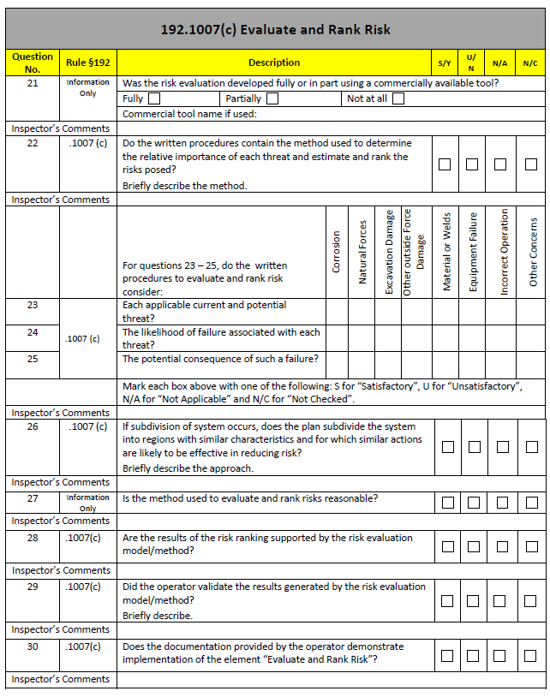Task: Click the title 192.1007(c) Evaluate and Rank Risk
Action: pyautogui.click(x=275, y=29)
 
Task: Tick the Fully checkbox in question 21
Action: pyautogui.click(x=154, y=98)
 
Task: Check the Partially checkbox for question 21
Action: pyautogui.click(x=272, y=98)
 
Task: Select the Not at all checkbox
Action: pyautogui.click(x=398, y=98)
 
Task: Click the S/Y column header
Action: pyautogui.click(x=445, y=63)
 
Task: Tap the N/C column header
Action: pyautogui.click(x=530, y=63)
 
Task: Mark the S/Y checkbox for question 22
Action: pyautogui.click(x=445, y=164)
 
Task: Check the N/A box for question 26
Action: pyautogui.click(x=502, y=447)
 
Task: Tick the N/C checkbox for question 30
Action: pyautogui.click(x=530, y=657)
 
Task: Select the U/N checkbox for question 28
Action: pyautogui.click(x=472, y=546)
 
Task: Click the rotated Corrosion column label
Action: pyautogui.click(x=337, y=253)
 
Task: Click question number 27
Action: pyautogui.click(x=33, y=497)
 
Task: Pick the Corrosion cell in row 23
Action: pyautogui.click(x=337, y=311)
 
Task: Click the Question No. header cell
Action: pyautogui.click(x=33, y=63)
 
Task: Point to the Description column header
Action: pyautogui.click(x=274, y=63)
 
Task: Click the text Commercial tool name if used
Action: pyautogui.click(x=189, y=114)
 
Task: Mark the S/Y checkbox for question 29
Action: pyautogui.click(x=445, y=601)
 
